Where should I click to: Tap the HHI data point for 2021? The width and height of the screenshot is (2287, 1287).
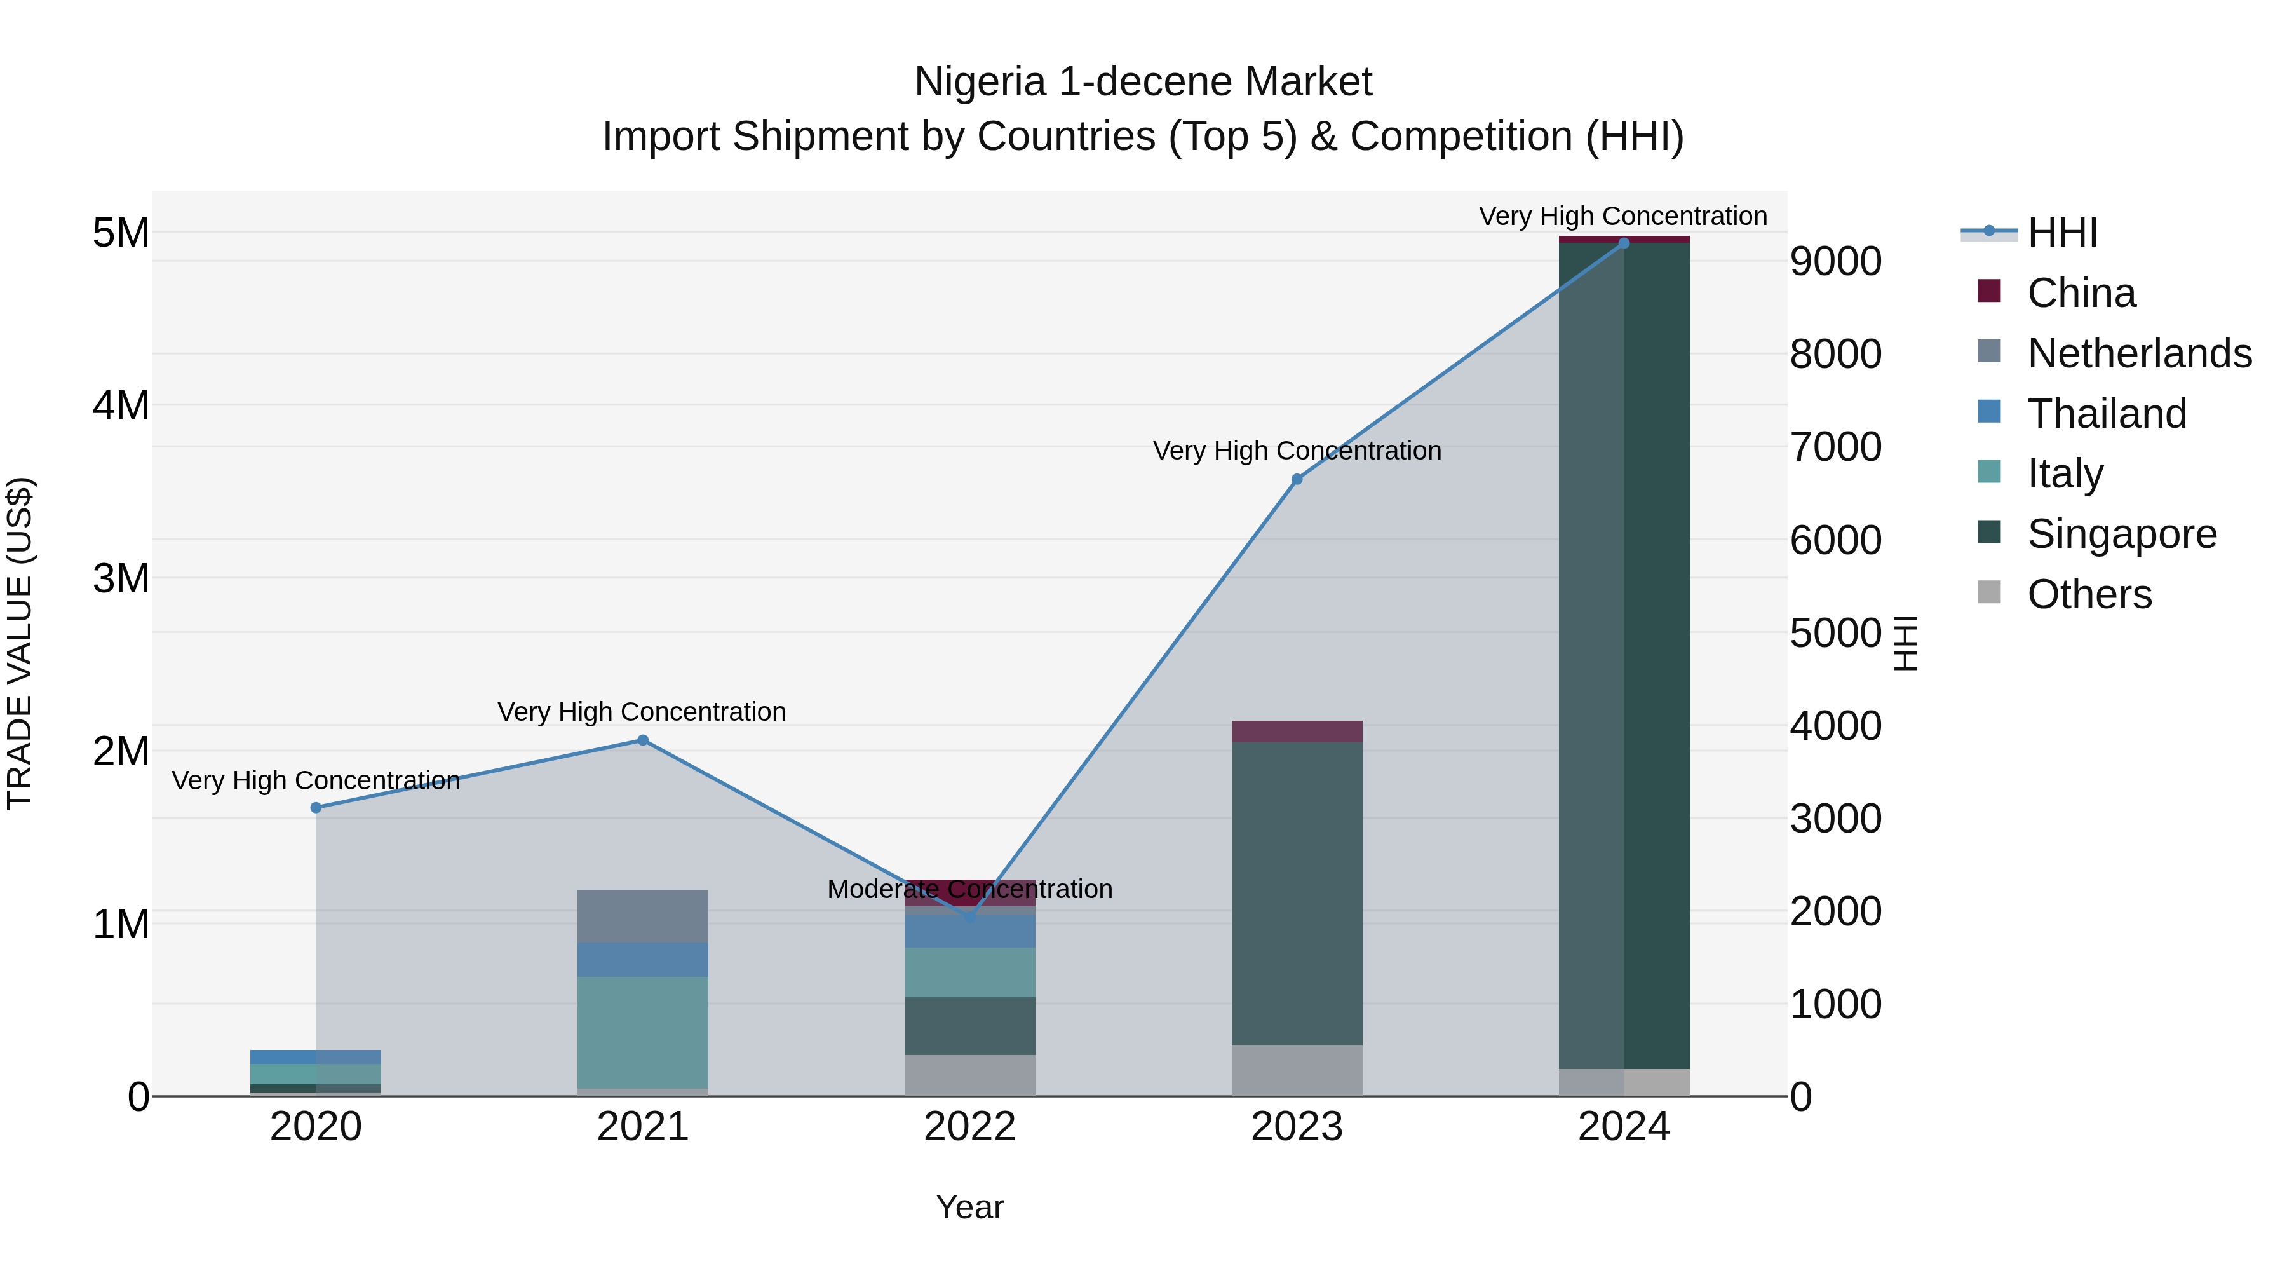coord(643,740)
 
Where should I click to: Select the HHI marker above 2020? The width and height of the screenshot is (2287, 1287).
coord(316,807)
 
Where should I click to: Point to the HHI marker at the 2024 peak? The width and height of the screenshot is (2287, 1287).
coord(1624,243)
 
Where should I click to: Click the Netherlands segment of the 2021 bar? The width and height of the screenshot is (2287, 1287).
coord(643,916)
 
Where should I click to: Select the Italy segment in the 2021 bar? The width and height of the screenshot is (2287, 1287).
coord(643,1032)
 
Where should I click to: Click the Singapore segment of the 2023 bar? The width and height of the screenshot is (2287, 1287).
coord(1296,893)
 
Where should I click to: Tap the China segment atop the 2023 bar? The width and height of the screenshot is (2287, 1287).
coord(1296,731)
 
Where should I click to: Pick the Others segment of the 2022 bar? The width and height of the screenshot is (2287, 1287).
coord(969,1075)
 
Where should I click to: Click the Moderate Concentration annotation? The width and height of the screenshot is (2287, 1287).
coord(969,889)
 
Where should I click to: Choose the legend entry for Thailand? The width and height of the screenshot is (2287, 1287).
coord(2106,414)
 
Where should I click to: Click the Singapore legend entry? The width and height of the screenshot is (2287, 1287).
coord(2121,534)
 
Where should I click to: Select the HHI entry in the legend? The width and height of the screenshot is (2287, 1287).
coord(2061,233)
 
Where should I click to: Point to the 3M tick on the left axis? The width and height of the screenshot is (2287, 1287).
coord(121,578)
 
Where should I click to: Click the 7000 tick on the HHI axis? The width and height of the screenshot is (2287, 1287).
coord(1835,447)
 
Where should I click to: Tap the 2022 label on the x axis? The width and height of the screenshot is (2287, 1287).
coord(969,1127)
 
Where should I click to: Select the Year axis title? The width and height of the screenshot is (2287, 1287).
coord(969,1207)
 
